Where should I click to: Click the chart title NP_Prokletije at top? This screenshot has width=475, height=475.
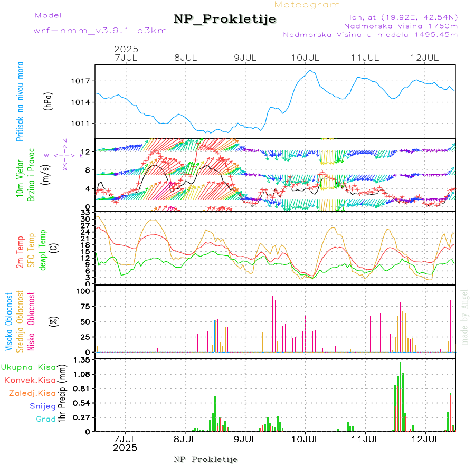tap(225, 20)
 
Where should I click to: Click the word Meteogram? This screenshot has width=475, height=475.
tap(308, 5)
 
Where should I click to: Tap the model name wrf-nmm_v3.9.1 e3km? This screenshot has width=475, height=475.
tap(100, 31)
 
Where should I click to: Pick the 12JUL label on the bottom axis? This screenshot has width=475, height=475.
tap(425, 439)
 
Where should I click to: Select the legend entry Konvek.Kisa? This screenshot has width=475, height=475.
tap(30, 380)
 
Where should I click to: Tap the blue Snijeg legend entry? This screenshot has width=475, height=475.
tap(42, 406)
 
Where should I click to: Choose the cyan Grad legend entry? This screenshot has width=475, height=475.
tap(46, 419)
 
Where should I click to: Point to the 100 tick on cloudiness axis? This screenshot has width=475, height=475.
tap(84, 291)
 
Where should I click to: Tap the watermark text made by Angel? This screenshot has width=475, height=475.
tap(465, 317)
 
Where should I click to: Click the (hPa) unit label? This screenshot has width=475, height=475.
tap(49, 100)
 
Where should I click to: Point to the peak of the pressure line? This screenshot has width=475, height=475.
tap(311, 70)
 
